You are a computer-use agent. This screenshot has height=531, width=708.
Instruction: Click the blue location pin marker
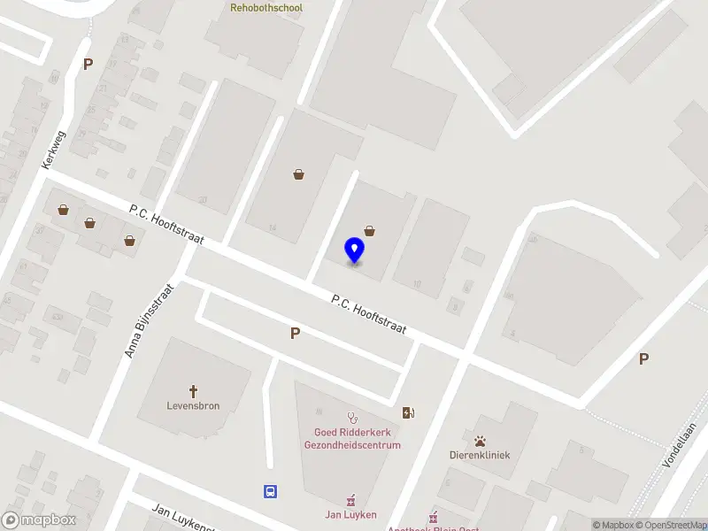pos(354,250)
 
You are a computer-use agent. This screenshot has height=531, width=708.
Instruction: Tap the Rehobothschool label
pos(266,8)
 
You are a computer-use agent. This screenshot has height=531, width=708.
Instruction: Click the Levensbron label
pos(193,406)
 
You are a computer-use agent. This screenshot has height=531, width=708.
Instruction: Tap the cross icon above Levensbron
pos(193,390)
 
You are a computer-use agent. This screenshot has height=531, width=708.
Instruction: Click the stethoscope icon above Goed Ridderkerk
pos(352,416)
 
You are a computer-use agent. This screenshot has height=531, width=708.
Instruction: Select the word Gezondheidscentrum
pos(352,445)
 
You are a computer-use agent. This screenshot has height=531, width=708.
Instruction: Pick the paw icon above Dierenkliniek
pos(480,440)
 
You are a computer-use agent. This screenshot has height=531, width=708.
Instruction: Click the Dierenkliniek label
pos(480,455)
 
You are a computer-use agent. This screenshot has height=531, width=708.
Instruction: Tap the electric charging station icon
pos(408,412)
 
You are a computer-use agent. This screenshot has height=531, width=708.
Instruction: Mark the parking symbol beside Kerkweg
pos(88,64)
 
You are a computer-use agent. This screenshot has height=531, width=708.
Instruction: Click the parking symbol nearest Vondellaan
pos(644,358)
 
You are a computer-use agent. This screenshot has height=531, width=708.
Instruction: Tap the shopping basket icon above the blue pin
pos(369,231)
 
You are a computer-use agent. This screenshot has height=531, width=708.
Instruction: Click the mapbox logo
pos(38,520)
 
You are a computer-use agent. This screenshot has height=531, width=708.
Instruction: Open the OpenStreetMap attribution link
pos(672,525)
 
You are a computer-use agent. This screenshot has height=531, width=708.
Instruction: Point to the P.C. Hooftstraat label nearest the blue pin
pos(369,315)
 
